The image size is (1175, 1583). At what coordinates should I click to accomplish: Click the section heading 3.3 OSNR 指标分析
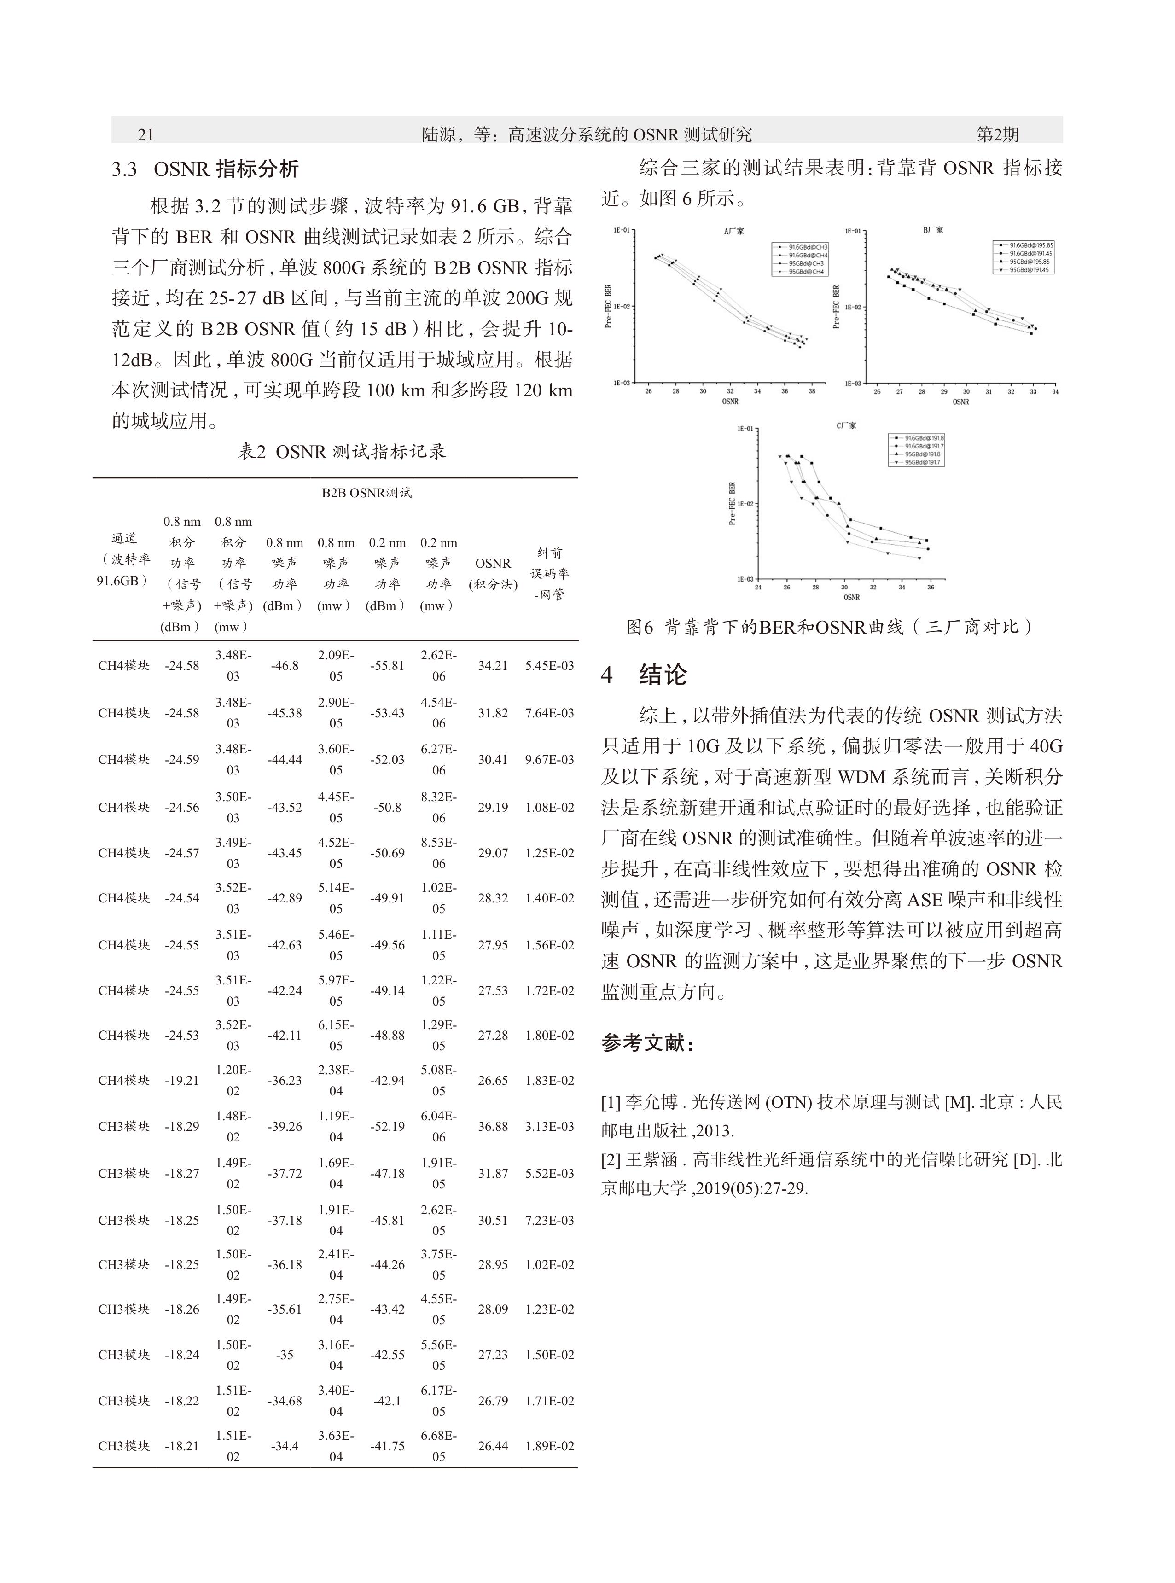pyautogui.click(x=205, y=169)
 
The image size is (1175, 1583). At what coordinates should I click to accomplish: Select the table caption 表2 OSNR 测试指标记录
pyautogui.click(x=342, y=452)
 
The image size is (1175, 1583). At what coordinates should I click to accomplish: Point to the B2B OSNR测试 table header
pyautogui.click(x=366, y=493)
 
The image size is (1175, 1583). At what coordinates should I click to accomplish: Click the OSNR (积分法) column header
pyautogui.click(x=493, y=573)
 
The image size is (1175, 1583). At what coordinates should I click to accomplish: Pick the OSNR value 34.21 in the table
pyautogui.click(x=493, y=666)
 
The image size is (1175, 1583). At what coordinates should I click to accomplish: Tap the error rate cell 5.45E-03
pyautogui.click(x=549, y=666)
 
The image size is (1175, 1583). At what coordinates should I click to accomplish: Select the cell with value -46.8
pyautogui.click(x=285, y=666)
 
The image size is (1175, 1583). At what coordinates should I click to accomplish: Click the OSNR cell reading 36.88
pyautogui.click(x=493, y=1126)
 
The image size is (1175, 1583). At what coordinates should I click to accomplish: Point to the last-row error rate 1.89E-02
pyautogui.click(x=549, y=1446)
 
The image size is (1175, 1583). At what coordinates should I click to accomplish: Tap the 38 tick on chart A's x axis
pyautogui.click(x=812, y=391)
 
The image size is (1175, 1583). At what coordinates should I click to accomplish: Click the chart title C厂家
pyautogui.click(x=846, y=426)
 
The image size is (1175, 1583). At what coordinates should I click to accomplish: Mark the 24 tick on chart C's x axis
pyautogui.click(x=758, y=588)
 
